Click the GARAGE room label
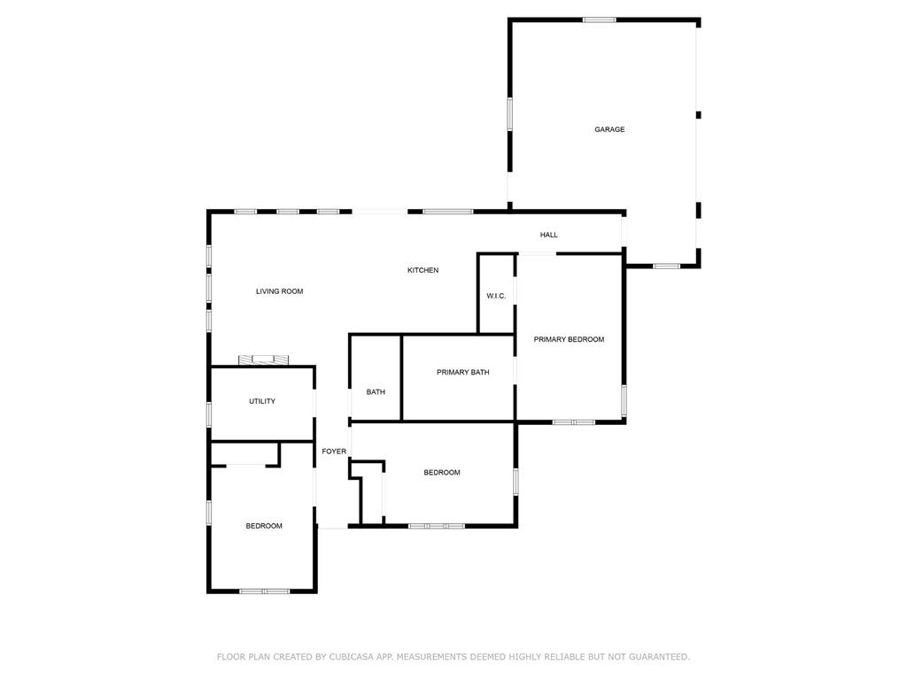pyautogui.click(x=609, y=129)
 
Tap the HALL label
pyautogui.click(x=549, y=235)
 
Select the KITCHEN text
pyautogui.click(x=422, y=270)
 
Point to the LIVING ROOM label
pyautogui.click(x=280, y=291)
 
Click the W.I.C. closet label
pyautogui.click(x=496, y=296)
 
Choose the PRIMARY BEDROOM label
pyautogui.click(x=569, y=339)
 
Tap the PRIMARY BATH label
pyautogui.click(x=462, y=373)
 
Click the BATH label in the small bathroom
pyautogui.click(x=376, y=392)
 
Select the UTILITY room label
pyautogui.click(x=262, y=401)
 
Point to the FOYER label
pyautogui.click(x=334, y=452)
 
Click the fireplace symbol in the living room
pyautogui.click(x=263, y=359)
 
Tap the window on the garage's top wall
pyautogui.click(x=600, y=19)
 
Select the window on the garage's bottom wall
pyautogui.click(x=666, y=266)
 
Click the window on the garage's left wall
pyautogui.click(x=509, y=114)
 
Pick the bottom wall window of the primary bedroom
pyautogui.click(x=573, y=422)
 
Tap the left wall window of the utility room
pyautogui.click(x=209, y=414)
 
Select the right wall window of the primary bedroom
pyautogui.click(x=624, y=400)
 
